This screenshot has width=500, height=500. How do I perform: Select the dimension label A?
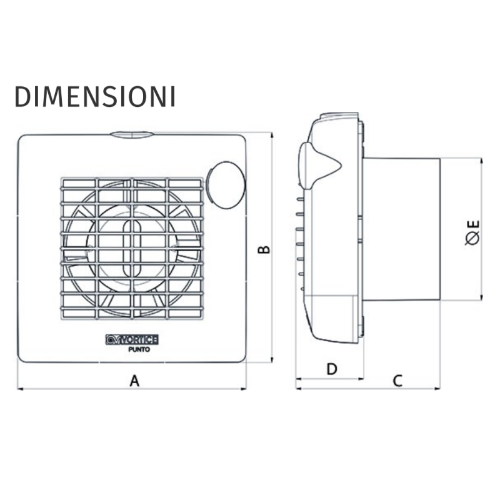tap(133, 379)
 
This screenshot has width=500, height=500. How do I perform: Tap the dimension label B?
tap(265, 249)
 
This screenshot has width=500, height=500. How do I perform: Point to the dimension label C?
tap(397, 380)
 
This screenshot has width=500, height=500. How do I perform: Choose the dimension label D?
tap(332, 369)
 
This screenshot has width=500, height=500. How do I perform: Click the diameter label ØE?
tap(472, 231)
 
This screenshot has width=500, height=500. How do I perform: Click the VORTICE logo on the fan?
tap(132, 339)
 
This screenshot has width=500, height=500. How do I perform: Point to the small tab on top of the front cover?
tap(131, 134)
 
